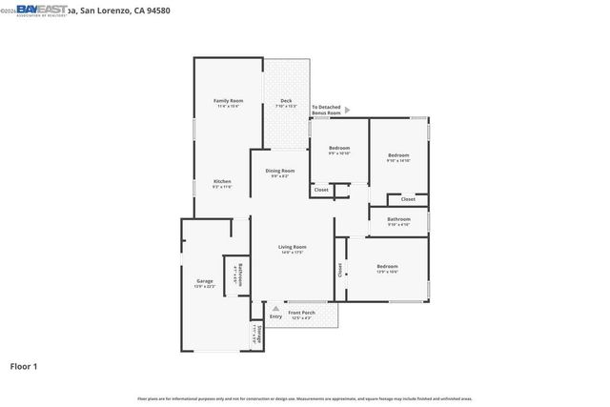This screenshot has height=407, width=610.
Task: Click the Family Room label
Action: [228, 101]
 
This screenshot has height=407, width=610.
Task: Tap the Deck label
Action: [286, 102]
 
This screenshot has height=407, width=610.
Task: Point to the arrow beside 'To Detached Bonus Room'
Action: [348, 110]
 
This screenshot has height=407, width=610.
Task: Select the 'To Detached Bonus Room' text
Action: [326, 110]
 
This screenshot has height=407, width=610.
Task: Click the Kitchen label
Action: [221, 182]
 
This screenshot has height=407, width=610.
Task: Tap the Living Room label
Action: [292, 248]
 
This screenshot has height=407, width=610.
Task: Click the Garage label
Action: [205, 282]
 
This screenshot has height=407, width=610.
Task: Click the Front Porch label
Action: [301, 313]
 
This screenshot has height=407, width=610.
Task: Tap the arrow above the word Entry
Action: [275, 309]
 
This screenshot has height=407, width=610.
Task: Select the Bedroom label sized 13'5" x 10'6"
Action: [386, 267]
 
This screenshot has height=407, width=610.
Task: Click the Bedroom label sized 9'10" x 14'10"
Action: [397, 156]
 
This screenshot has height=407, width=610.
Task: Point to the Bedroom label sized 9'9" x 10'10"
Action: [339, 149]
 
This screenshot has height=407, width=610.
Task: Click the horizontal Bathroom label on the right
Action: [398, 220]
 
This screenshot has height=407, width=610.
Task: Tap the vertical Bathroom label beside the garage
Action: [240, 274]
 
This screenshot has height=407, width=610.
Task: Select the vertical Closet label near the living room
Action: [339, 270]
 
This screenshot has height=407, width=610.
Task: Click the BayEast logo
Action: [42, 10]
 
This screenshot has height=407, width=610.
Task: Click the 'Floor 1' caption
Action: [25, 365]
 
